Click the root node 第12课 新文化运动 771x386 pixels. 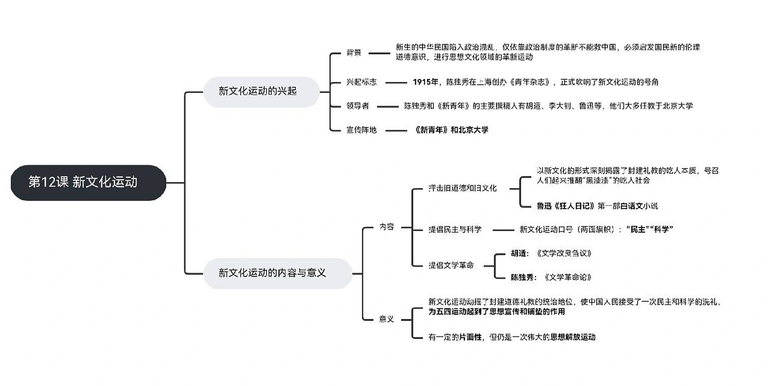(88, 182)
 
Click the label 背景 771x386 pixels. (354, 53)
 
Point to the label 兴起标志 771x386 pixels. (361, 82)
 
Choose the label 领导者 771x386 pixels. (357, 106)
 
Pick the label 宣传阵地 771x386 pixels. (361, 130)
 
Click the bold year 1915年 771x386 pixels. (425, 82)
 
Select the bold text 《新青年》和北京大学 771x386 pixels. (451, 130)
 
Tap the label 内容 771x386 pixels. (386, 227)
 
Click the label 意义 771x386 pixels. (386, 319)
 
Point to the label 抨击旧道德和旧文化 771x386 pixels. (462, 188)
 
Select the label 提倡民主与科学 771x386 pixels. (455, 230)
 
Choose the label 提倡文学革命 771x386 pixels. (451, 265)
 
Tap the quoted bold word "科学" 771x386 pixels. (661, 229)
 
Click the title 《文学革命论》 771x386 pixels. (567, 277)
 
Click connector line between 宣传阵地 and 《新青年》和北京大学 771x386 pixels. (396, 131)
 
